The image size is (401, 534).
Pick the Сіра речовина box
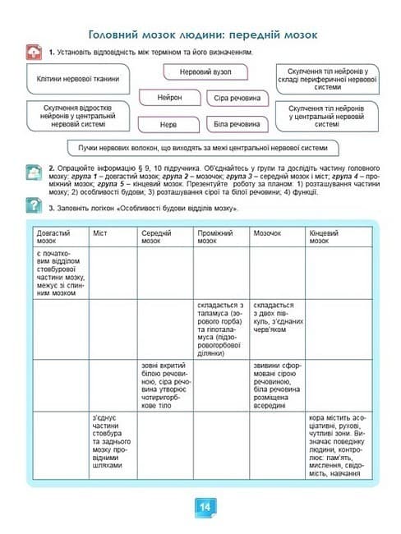pyautogui.click(x=237, y=99)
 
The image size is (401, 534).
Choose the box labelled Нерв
pyautogui.click(x=168, y=125)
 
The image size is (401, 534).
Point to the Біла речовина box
pyautogui.click(x=237, y=125)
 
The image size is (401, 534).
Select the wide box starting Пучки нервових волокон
pyautogui.click(x=203, y=148)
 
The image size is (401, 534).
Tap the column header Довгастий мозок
pyautogui.click(x=59, y=237)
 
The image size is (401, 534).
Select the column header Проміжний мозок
pyautogui.click(x=222, y=237)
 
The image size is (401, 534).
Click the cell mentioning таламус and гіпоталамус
pyautogui.click(x=222, y=329)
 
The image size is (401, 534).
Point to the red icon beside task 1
pyautogui.click(x=34, y=53)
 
